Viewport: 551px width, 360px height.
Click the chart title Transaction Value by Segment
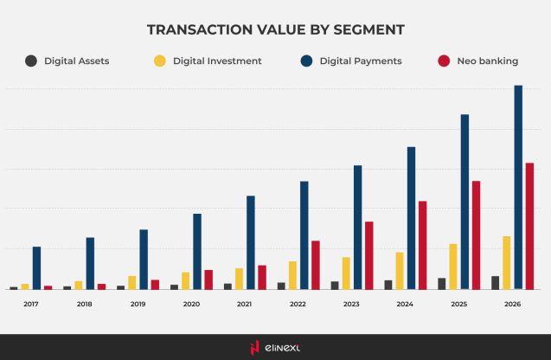click(x=275, y=29)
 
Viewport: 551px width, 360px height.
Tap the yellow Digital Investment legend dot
click(x=159, y=61)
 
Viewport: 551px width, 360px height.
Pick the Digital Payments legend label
click(x=360, y=61)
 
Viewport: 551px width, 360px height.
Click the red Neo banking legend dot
click(x=444, y=61)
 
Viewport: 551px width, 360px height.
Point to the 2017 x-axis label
click(x=31, y=305)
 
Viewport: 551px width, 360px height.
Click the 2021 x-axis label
click(x=245, y=305)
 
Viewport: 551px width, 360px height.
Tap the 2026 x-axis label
click(x=512, y=305)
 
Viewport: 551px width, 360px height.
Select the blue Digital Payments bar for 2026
click(x=518, y=187)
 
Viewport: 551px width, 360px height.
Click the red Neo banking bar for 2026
click(x=529, y=226)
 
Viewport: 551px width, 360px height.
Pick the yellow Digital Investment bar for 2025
click(x=453, y=267)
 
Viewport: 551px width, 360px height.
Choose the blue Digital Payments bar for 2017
click(x=36, y=267)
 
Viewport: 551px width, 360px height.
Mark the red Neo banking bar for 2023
click(x=368, y=255)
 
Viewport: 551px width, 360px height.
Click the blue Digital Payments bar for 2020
click(x=197, y=251)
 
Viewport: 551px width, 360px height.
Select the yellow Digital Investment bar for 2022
click(x=292, y=275)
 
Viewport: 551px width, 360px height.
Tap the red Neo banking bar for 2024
click(x=422, y=245)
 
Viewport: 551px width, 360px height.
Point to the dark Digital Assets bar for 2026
click(x=495, y=282)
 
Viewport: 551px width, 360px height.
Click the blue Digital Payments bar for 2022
click(x=304, y=235)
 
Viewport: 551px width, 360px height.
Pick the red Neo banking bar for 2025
click(x=476, y=235)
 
